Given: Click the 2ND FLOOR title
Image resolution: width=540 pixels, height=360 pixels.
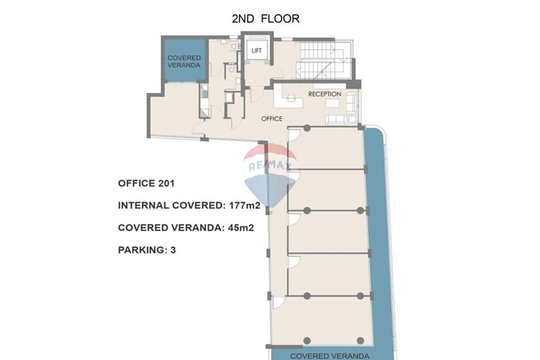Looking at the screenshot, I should (265, 19).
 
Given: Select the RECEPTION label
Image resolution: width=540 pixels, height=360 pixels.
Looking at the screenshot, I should (325, 94).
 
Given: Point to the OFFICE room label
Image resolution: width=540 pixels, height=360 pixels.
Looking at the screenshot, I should (272, 118).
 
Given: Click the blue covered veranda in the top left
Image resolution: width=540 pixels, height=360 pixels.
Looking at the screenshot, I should (184, 60).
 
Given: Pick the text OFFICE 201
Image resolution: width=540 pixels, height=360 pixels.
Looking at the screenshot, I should (146, 184).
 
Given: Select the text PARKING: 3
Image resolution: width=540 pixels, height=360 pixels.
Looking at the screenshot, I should (147, 250).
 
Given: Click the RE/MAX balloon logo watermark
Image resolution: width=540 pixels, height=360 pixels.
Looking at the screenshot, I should (270, 173).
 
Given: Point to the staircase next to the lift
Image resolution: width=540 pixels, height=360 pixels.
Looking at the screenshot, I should (323, 60).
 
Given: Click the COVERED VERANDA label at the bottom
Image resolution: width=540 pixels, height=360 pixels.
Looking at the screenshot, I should (329, 356).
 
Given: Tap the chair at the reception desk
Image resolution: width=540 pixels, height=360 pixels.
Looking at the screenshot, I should (292, 98).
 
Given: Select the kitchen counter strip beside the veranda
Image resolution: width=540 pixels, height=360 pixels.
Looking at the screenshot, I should (204, 100).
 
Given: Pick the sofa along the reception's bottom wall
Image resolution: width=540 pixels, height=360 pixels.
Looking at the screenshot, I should (336, 119).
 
